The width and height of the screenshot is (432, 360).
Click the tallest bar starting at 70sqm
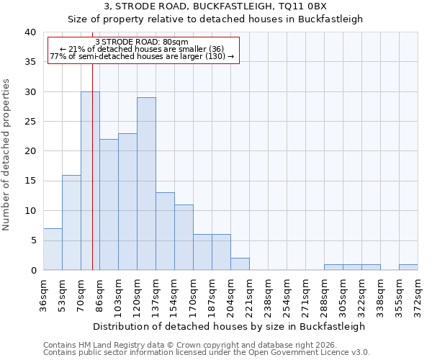pyautogui.click(x=90, y=181)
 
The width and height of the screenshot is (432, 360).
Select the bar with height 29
pyautogui.click(x=146, y=184)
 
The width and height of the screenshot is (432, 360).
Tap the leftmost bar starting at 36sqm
pyautogui.click(x=53, y=249)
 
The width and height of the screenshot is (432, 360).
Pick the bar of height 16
pyautogui.click(x=71, y=222)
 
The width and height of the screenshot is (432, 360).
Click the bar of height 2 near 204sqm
pyautogui.click(x=240, y=264)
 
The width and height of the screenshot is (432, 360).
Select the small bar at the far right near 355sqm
pyautogui.click(x=408, y=267)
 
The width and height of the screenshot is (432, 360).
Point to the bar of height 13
pyautogui.click(x=165, y=231)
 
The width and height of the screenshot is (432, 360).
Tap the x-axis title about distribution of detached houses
pyautogui.click(x=229, y=326)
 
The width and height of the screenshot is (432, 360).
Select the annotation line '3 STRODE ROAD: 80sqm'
pyautogui.click(x=141, y=42)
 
